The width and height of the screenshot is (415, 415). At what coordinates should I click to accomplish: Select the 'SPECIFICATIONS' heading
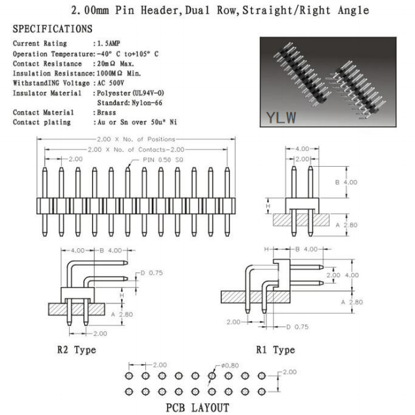pos(53,30)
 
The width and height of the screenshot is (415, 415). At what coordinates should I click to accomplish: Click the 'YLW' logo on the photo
pos(281,118)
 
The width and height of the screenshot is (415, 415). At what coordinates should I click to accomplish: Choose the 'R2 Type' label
pos(76,350)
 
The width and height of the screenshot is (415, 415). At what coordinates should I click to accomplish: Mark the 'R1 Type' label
pos(275,350)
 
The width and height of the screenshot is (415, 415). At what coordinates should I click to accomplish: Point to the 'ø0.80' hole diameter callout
pos(228,365)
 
